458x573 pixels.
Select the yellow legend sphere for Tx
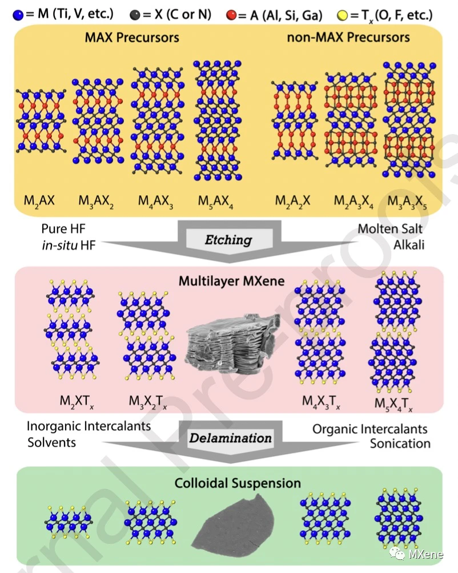(342, 13)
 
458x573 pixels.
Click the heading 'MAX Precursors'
(132, 38)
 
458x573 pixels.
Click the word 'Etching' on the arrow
(228, 240)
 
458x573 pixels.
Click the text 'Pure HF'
(63, 229)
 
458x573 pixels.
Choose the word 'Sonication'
(400, 443)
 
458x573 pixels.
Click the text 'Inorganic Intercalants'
(89, 426)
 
